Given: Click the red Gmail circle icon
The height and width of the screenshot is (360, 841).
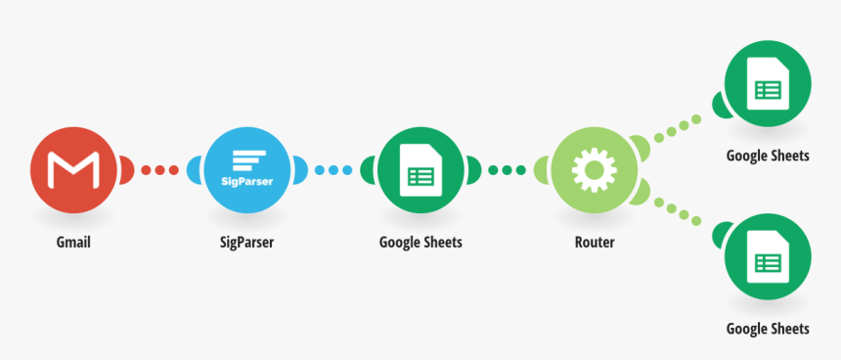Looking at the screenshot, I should [73, 170].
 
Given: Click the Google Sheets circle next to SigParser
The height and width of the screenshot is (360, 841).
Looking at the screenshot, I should [420, 170].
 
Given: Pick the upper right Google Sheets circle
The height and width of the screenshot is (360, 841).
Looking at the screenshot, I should [767, 89].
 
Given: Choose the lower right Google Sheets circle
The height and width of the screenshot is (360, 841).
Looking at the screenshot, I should [767, 259].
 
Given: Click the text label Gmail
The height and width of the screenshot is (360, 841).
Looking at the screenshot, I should [73, 242].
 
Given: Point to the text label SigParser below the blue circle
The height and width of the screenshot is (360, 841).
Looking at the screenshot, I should [246, 242].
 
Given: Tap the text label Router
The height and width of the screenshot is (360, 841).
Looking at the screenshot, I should [595, 242].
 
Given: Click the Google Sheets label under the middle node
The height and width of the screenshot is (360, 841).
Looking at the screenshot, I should [420, 242].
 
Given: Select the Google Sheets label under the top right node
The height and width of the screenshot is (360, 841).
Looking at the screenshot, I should [768, 156].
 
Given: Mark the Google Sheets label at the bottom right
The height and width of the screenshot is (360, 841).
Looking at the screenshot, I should [768, 329].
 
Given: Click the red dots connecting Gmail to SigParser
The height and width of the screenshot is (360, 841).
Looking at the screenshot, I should [159, 170].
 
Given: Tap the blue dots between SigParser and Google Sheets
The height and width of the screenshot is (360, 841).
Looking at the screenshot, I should [333, 170].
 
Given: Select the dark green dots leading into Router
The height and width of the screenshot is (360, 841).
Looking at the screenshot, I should [507, 170].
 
